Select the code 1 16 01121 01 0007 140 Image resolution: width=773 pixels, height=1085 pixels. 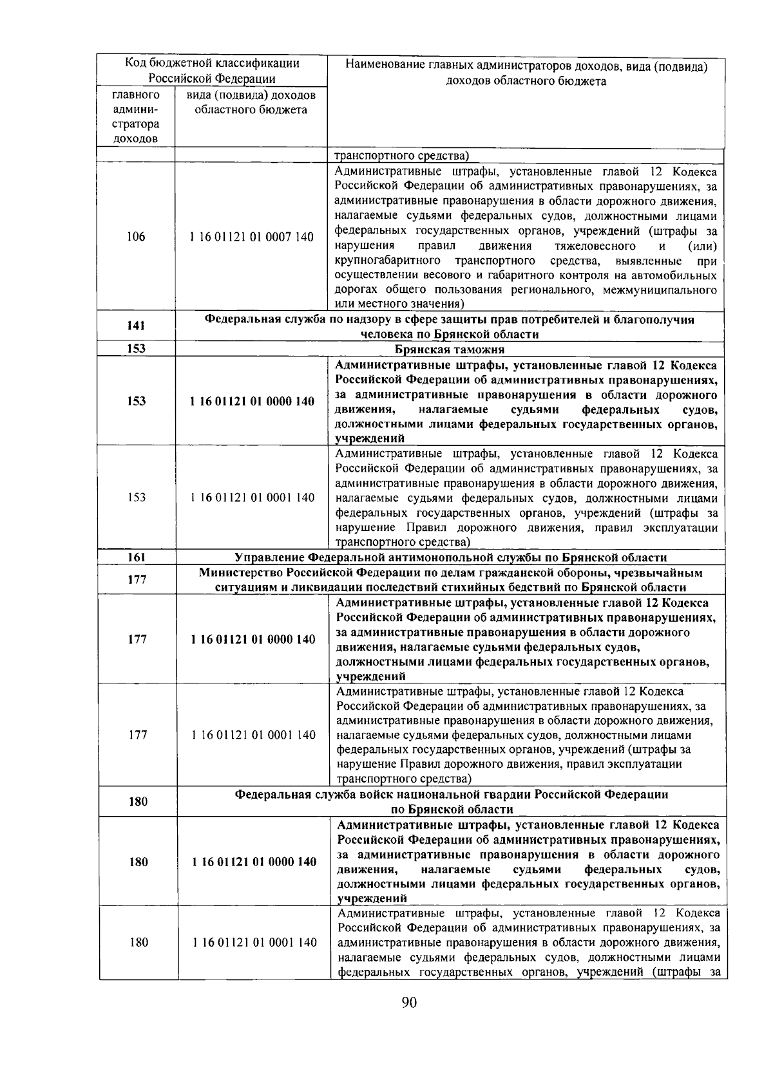click(252, 237)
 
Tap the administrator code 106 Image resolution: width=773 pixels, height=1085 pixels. click(136, 237)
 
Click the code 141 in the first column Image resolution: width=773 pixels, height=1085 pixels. click(136, 326)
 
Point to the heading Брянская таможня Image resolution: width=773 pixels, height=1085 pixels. click(449, 349)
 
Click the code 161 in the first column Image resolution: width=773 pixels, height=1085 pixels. click(136, 557)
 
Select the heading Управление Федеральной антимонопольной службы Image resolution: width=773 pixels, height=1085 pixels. click(450, 557)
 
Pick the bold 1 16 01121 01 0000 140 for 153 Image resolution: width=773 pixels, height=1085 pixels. click(252, 402)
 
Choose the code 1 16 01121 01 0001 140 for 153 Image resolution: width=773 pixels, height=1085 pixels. click(252, 497)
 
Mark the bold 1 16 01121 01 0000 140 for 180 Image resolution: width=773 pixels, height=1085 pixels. click(253, 862)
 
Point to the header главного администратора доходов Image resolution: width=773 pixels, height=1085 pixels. click(136, 116)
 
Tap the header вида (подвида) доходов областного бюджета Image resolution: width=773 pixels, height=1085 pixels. click(251, 102)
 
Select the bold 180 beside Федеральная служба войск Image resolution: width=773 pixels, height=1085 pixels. click(138, 802)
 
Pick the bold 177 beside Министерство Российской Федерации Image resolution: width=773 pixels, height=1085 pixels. click(137, 580)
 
